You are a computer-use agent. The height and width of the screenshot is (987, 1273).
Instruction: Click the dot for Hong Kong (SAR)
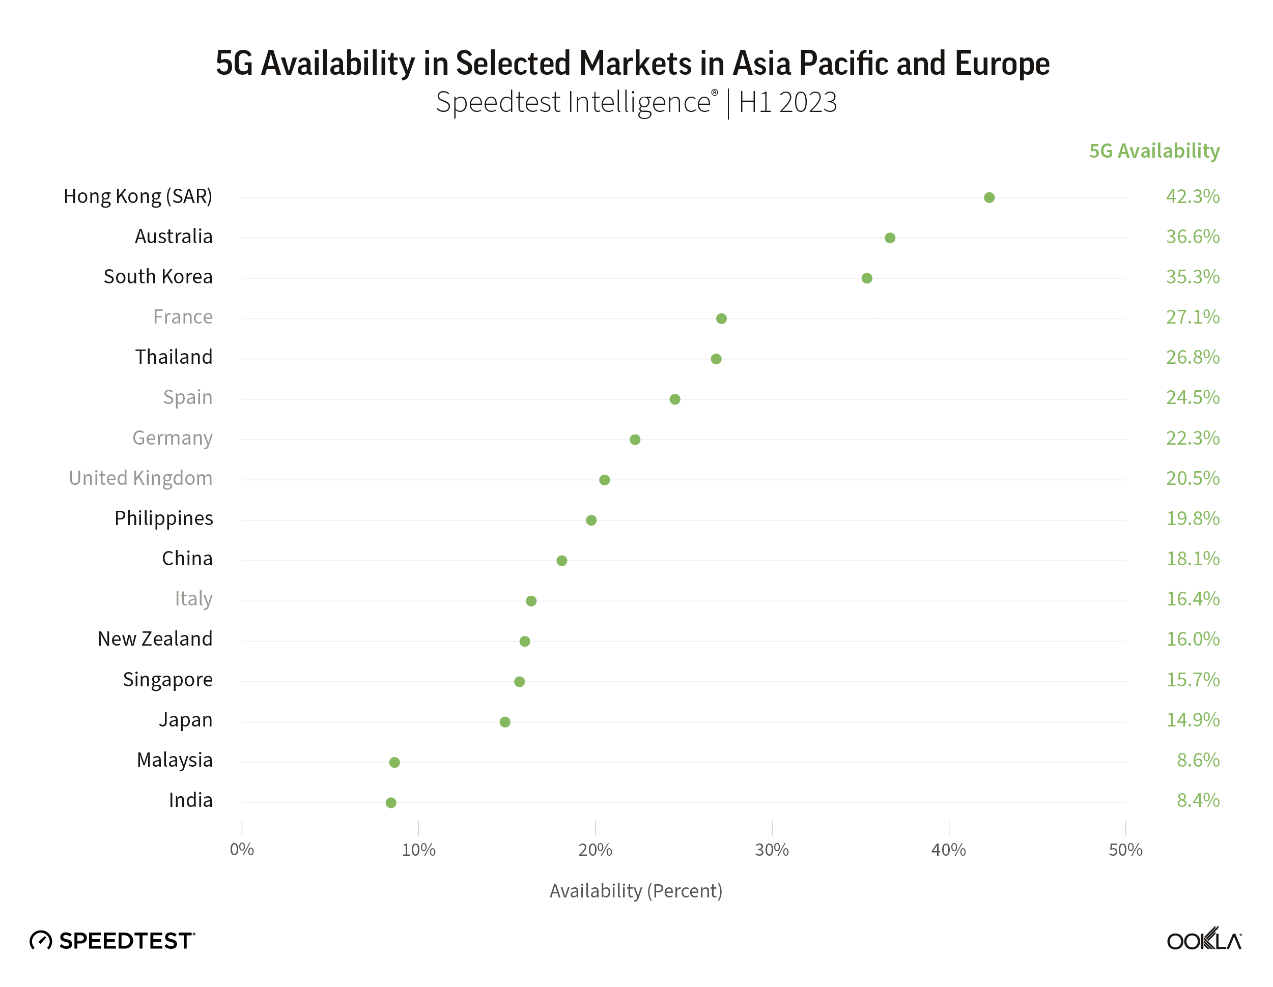tap(989, 197)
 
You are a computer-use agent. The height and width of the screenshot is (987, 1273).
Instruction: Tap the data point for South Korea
tap(867, 278)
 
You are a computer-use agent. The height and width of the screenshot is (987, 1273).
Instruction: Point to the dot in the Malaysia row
tap(394, 762)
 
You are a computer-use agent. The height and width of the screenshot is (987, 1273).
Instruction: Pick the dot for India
tap(391, 802)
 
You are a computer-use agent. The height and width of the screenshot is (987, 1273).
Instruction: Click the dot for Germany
tap(635, 439)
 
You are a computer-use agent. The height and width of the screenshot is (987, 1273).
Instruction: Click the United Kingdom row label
tap(140, 478)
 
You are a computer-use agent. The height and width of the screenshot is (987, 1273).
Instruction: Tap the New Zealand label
tap(155, 639)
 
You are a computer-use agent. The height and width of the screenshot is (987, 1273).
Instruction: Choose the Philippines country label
tap(164, 518)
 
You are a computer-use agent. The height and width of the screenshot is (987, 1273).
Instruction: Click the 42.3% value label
tap(1193, 196)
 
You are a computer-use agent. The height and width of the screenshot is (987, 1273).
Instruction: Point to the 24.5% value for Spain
tap(1193, 397)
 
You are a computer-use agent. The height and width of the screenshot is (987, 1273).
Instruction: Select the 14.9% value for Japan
tap(1193, 720)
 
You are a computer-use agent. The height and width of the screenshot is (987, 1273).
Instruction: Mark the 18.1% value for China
tap(1193, 559)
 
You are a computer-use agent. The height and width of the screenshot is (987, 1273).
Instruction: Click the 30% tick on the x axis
tap(772, 850)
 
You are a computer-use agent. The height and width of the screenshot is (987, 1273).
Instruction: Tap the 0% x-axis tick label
tap(242, 850)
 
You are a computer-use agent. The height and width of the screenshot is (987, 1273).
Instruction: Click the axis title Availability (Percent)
tap(636, 891)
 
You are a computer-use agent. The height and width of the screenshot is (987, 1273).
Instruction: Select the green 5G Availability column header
tap(1154, 151)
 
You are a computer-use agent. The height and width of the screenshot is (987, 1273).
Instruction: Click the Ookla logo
tap(1204, 940)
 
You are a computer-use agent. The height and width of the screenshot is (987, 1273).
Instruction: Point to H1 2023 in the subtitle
tap(787, 103)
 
